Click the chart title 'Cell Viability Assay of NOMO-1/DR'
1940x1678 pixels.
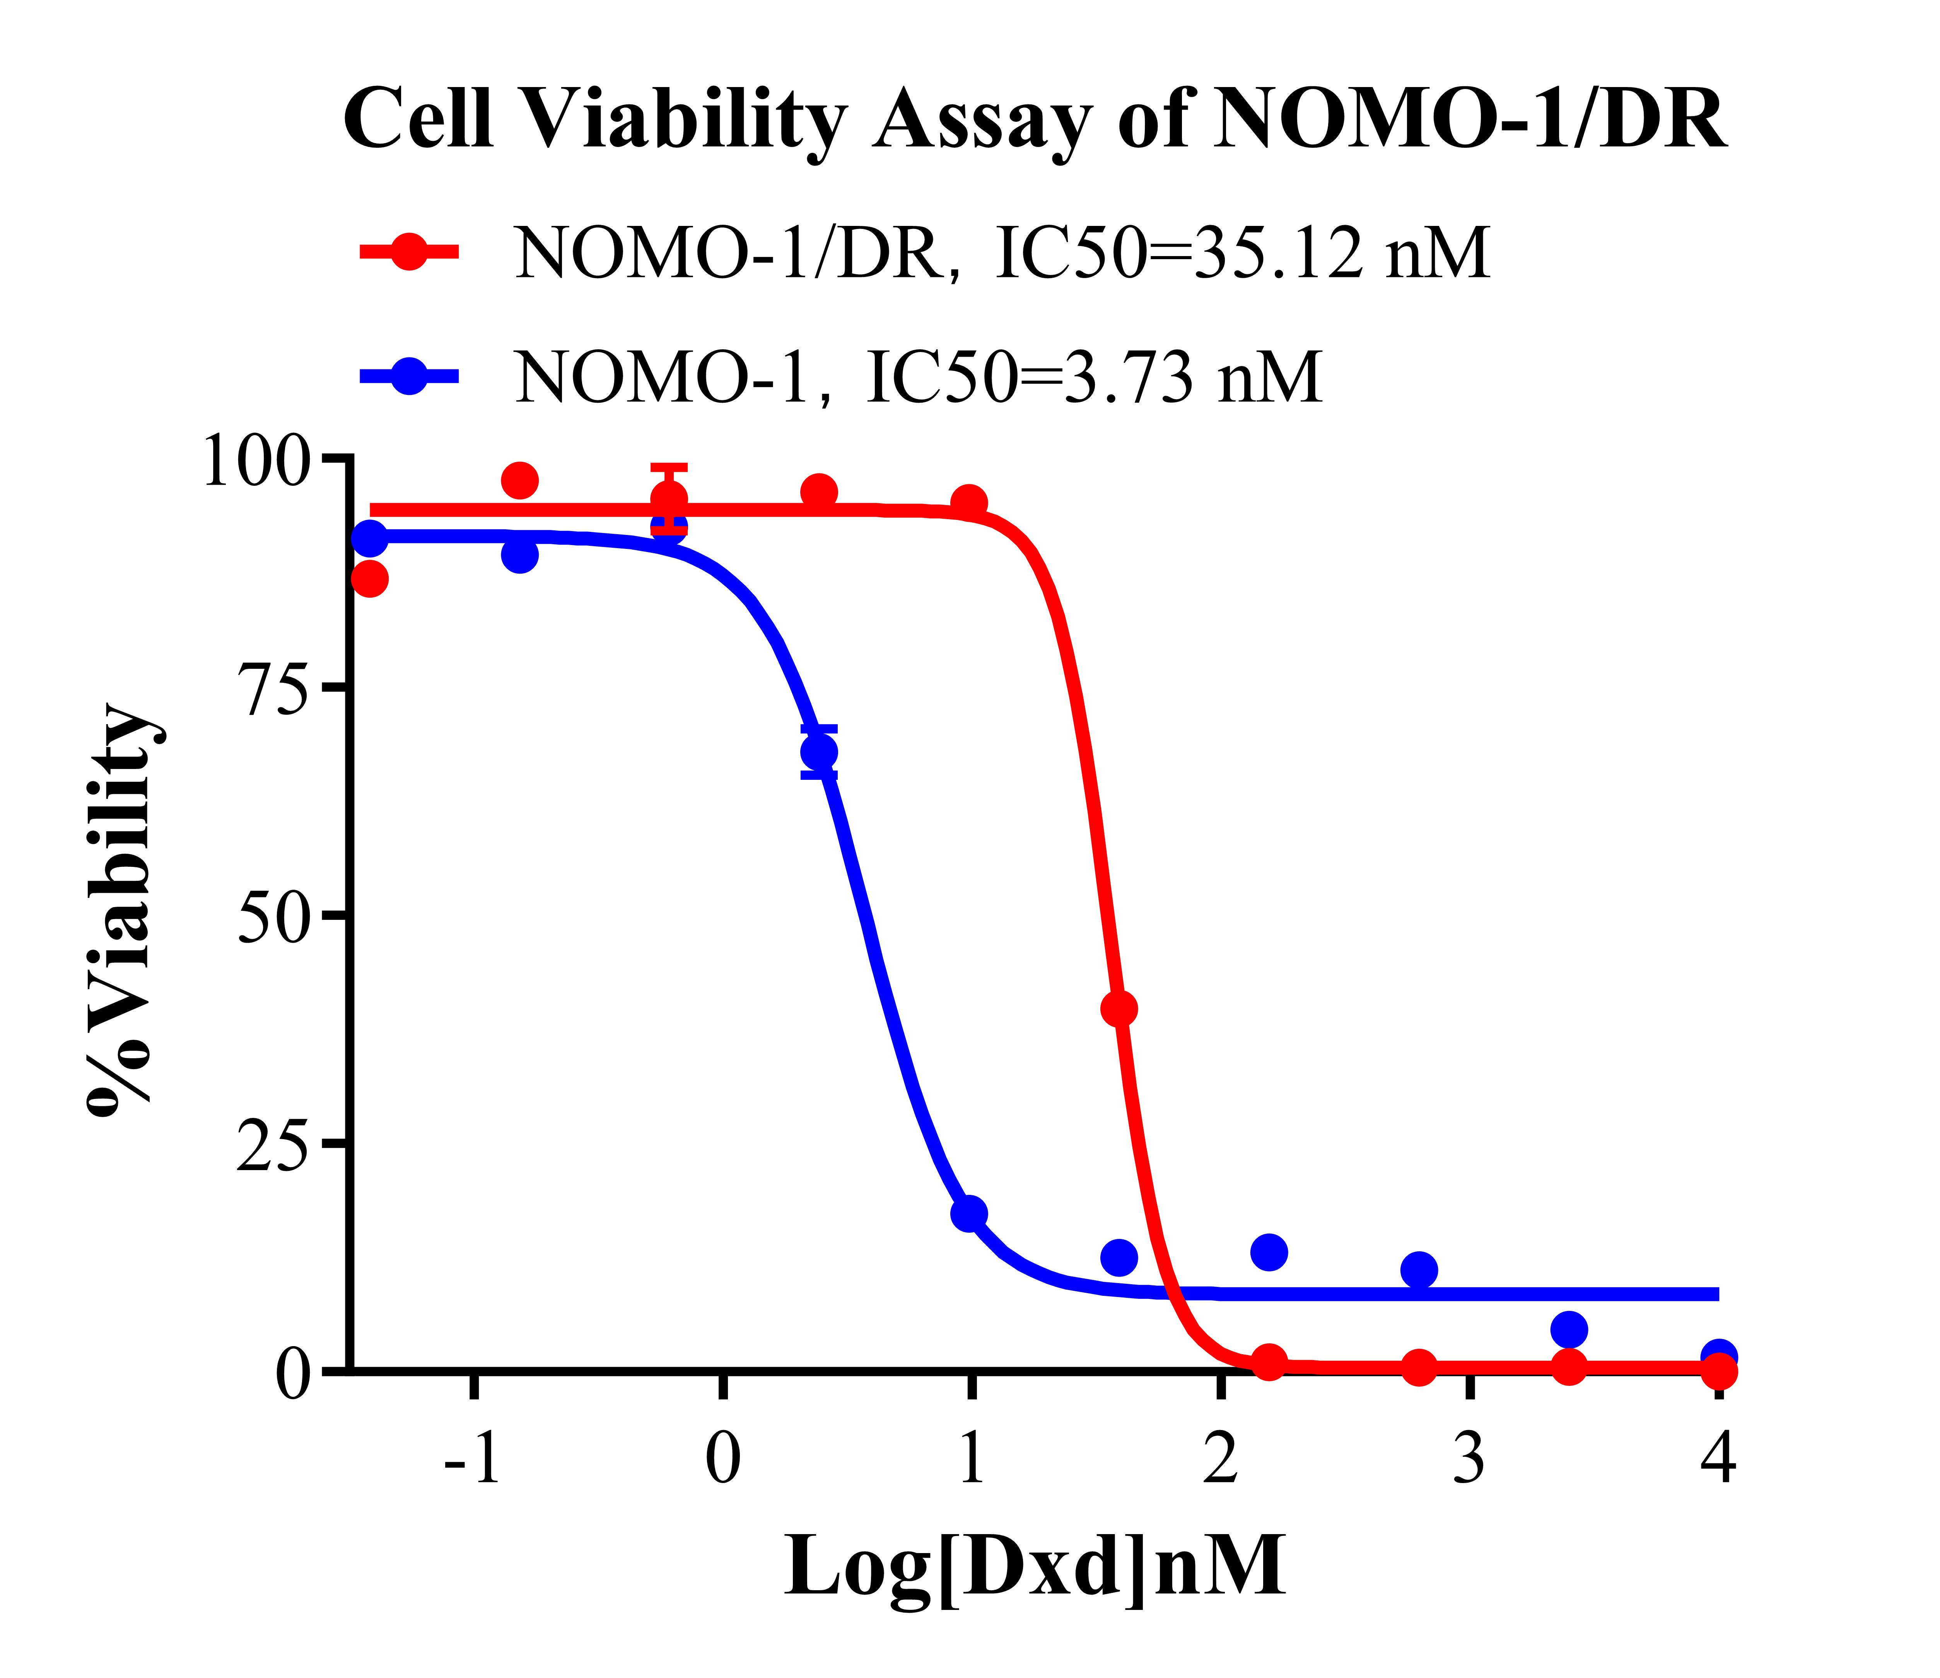point(1035,120)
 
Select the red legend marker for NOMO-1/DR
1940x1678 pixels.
point(409,251)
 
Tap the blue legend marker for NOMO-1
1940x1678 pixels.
point(409,376)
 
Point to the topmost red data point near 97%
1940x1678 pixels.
point(520,481)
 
